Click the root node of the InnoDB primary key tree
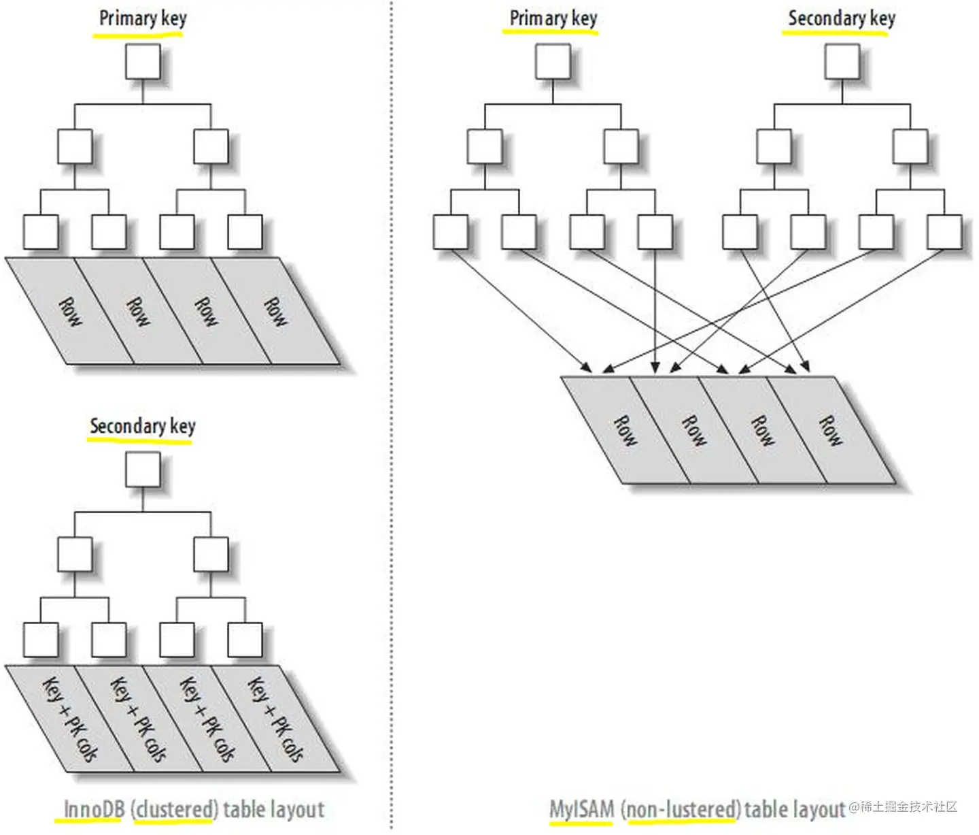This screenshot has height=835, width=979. pyautogui.click(x=143, y=62)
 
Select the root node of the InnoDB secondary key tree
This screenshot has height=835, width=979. pyautogui.click(x=143, y=469)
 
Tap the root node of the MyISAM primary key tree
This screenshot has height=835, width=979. pyautogui.click(x=553, y=62)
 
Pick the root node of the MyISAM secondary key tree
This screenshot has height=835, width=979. pyautogui.click(x=842, y=62)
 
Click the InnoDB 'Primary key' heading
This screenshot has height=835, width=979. pyautogui.click(x=143, y=19)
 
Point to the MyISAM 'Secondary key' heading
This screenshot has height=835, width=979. pyautogui.click(x=842, y=19)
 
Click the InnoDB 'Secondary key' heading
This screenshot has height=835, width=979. pyautogui.click(x=143, y=426)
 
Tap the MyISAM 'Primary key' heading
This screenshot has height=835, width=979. pyautogui.click(x=553, y=19)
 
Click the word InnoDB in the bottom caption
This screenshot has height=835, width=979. pyautogui.click(x=95, y=809)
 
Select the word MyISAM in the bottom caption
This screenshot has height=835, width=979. pyautogui.click(x=582, y=809)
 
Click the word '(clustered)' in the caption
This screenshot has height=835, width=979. pyautogui.click(x=174, y=809)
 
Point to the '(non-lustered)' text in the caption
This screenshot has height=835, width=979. pyautogui.click(x=681, y=809)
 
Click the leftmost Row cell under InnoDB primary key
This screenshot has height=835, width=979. pyautogui.click(x=69, y=311)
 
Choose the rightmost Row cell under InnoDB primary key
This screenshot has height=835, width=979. pyautogui.click(x=275, y=311)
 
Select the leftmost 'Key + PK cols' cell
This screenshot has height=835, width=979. pyautogui.click(x=69, y=719)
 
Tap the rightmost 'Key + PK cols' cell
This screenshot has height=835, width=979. pyautogui.click(x=275, y=719)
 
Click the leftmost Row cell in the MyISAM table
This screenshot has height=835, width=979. pyautogui.click(x=625, y=430)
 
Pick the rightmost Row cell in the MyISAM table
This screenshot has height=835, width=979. pyautogui.click(x=831, y=430)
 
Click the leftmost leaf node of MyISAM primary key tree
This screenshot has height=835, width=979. pyautogui.click(x=451, y=232)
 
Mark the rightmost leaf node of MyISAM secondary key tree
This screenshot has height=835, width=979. pyautogui.click(x=944, y=232)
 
